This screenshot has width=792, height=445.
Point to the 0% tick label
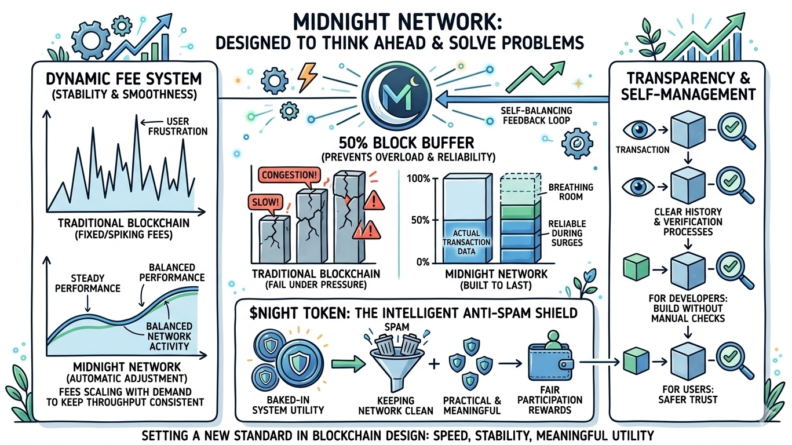[x=422, y=262]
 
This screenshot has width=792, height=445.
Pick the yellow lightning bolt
[x=305, y=76]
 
